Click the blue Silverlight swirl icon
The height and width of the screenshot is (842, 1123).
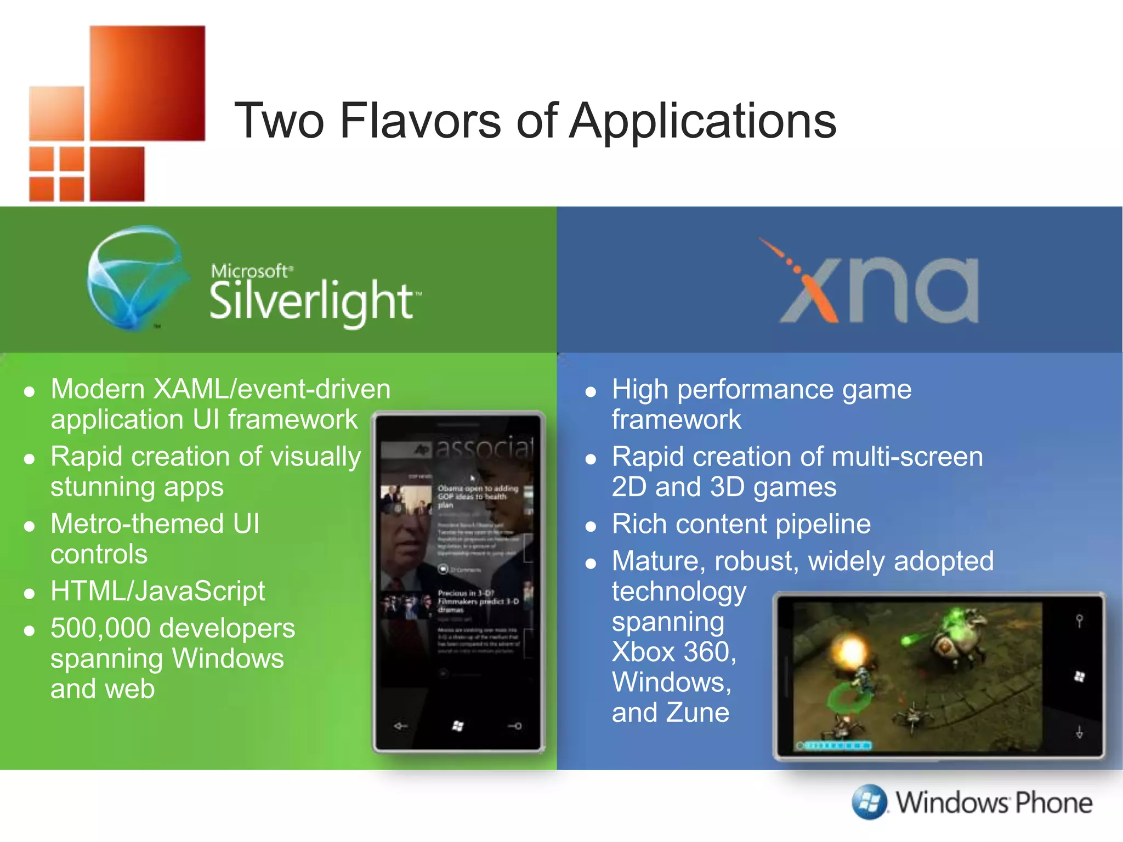[134, 277]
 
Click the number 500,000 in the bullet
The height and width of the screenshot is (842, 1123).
[100, 628]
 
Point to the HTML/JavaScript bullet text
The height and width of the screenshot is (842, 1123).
[157, 591]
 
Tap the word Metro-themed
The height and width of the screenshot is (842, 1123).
[137, 524]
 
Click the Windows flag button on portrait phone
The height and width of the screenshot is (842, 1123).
[458, 726]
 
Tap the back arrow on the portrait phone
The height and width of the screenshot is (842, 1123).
[401, 726]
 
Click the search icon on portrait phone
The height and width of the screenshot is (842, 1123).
[515, 726]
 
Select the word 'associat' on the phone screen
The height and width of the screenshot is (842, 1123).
[484, 448]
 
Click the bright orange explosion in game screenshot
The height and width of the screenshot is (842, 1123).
[850, 652]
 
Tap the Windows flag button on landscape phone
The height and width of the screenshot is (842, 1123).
[1079, 677]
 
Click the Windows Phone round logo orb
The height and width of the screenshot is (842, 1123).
[869, 802]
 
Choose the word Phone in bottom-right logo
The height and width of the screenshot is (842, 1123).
[1053, 803]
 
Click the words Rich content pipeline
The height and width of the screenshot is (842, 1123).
[741, 524]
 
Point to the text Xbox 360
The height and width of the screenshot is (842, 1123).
[673, 652]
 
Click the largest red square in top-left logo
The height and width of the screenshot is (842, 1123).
[148, 83]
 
